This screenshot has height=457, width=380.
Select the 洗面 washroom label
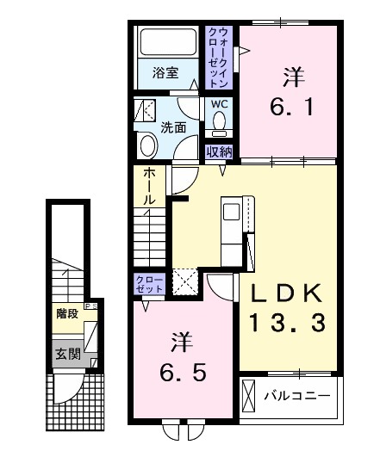pos(173,127)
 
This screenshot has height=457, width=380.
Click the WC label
pos(220,104)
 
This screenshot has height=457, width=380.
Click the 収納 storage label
pos(220,151)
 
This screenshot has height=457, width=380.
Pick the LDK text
pos(288,294)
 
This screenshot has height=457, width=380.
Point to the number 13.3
pos(288,324)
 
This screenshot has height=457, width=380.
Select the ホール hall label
pos(149,186)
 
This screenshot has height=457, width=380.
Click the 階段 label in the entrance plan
pos(65,314)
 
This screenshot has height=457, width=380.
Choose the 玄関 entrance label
pos(65,353)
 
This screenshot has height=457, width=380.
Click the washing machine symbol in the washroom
pos(146,110)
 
